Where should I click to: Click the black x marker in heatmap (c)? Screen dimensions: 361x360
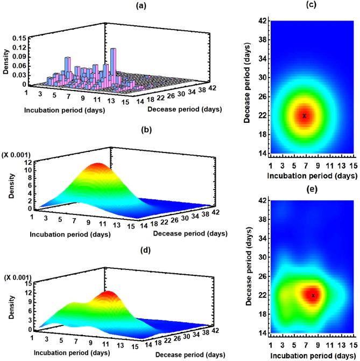point(304,116)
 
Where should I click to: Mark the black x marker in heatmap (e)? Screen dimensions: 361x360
point(313,295)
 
